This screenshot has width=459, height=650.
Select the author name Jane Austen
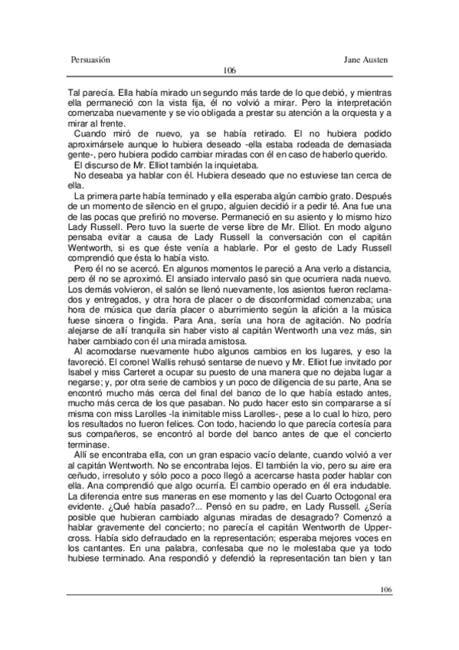[x=367, y=58]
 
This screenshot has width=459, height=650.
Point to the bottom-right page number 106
[x=385, y=589]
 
